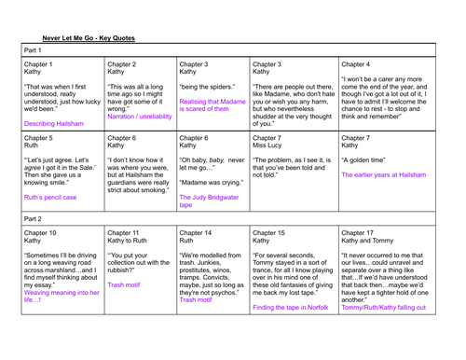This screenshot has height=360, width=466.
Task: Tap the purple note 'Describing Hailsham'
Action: click(55, 123)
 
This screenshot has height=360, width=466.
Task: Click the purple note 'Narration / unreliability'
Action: click(140, 117)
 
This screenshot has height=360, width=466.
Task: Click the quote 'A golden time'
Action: click(368, 165)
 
